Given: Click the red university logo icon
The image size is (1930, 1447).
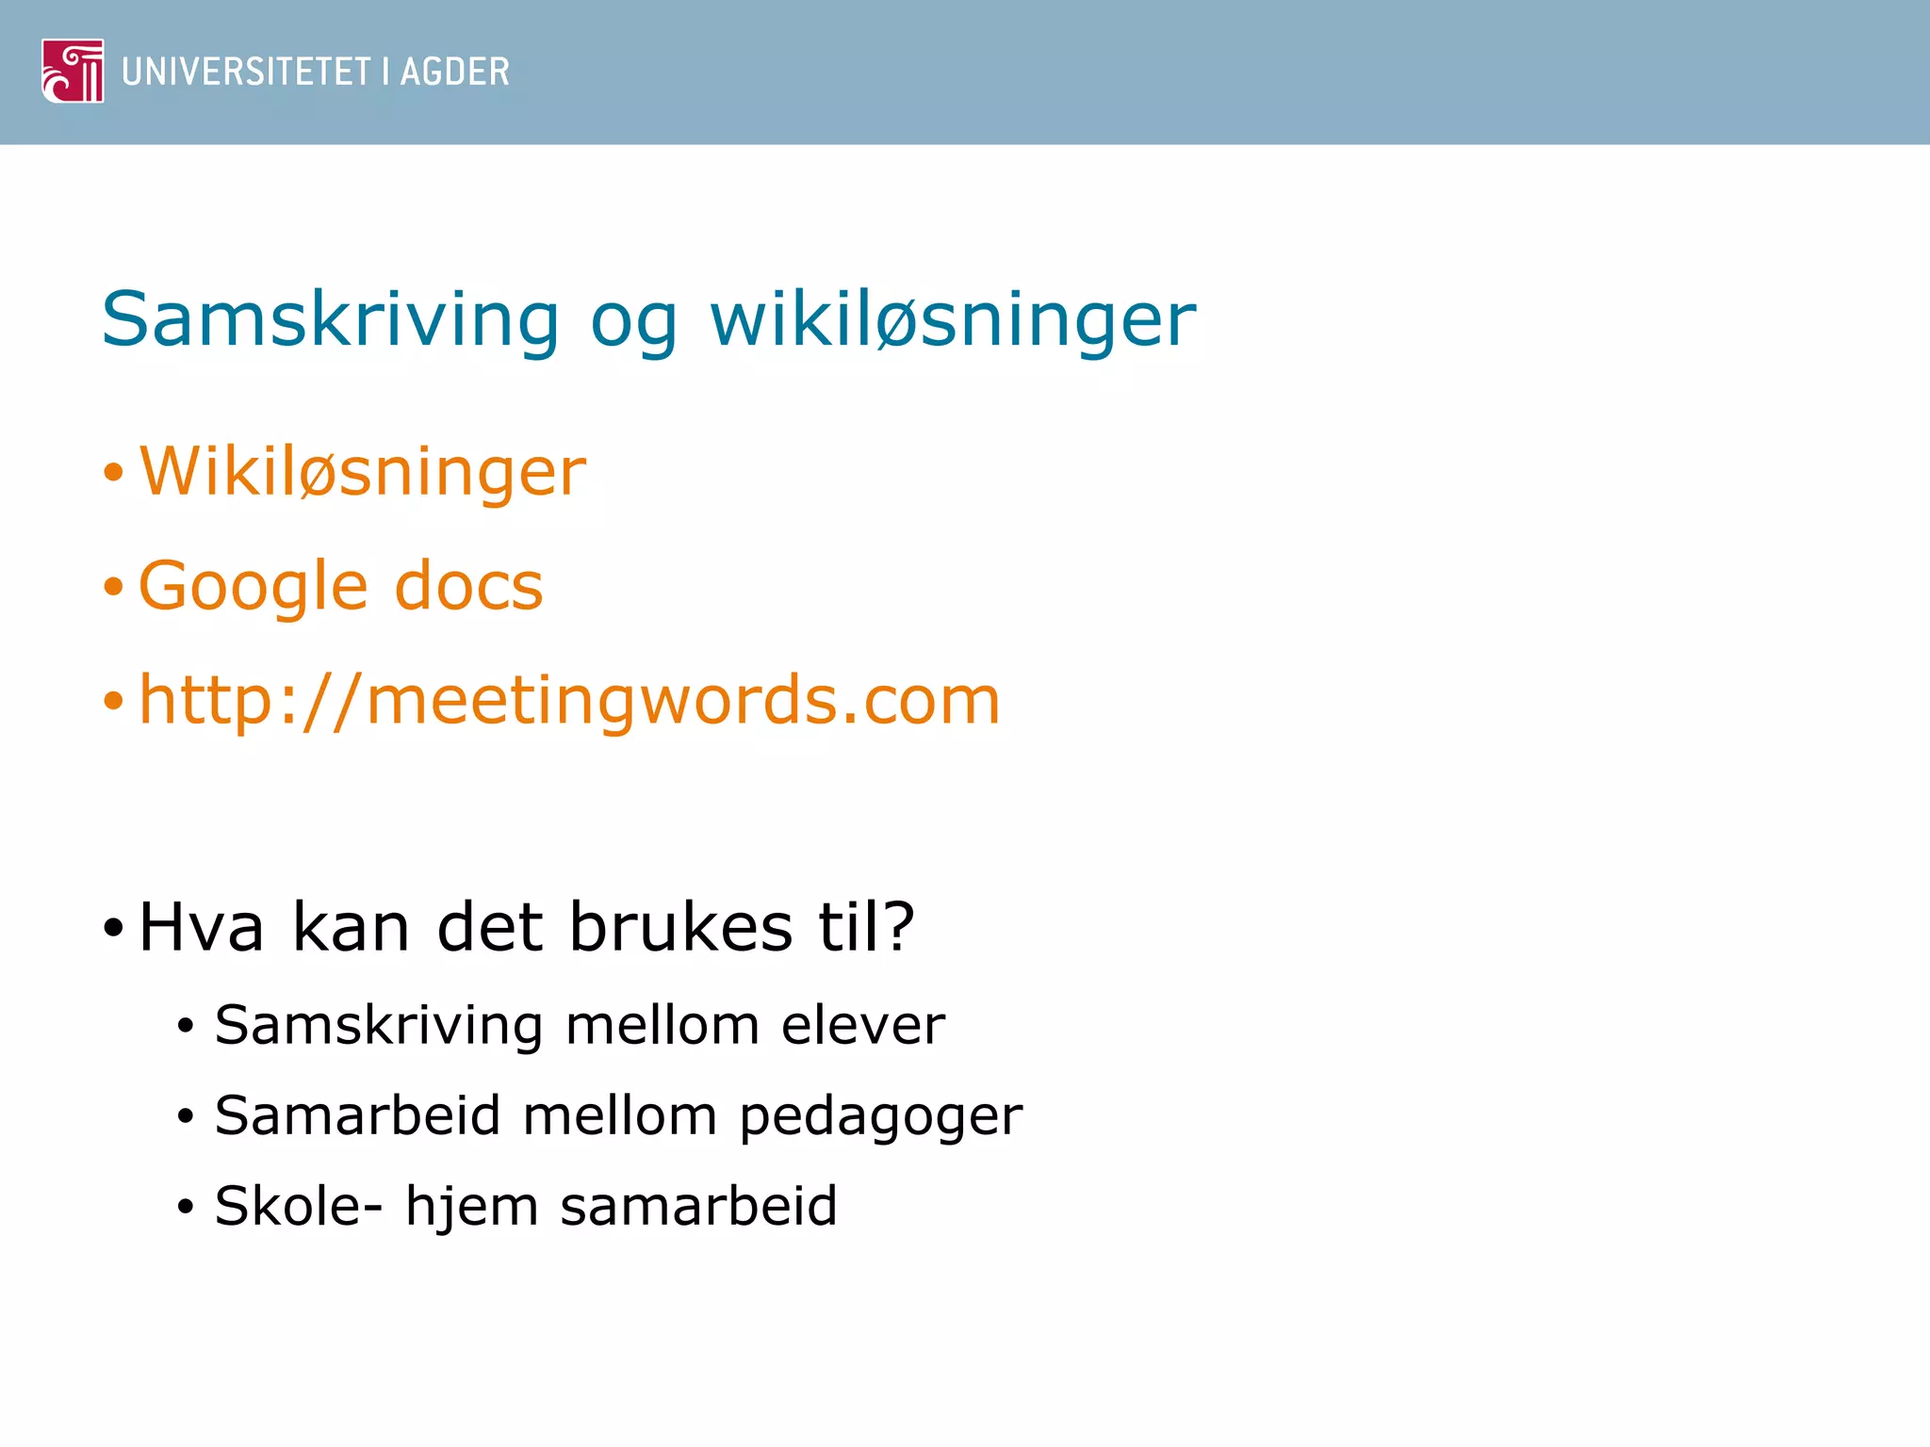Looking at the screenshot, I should coord(73,71).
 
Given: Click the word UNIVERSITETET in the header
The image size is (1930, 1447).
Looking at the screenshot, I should coord(247,72).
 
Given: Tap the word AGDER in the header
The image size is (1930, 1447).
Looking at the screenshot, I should coord(454,72).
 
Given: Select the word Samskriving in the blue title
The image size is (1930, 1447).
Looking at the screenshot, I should coord(331,320).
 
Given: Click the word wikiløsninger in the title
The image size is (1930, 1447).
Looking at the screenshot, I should coord(953,320).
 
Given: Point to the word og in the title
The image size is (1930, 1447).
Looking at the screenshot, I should coord(633,325).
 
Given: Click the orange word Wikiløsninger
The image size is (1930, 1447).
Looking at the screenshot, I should coord(363,471).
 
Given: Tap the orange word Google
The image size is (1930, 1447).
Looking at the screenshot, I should coord(253,586).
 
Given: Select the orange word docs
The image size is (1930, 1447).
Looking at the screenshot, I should coord(468,586).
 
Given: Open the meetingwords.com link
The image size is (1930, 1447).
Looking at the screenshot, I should coord(569,701).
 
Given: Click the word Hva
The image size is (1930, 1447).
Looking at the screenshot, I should coord(201,927).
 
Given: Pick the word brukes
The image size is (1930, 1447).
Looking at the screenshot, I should coord(680,927).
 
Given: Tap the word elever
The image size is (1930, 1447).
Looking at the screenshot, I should coord(862,1025).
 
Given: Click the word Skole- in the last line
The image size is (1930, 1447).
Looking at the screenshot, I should coord(299,1206).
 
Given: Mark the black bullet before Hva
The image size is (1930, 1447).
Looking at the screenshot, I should coord(113,929).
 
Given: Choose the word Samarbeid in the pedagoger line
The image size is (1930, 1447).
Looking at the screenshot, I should coord(357,1115).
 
